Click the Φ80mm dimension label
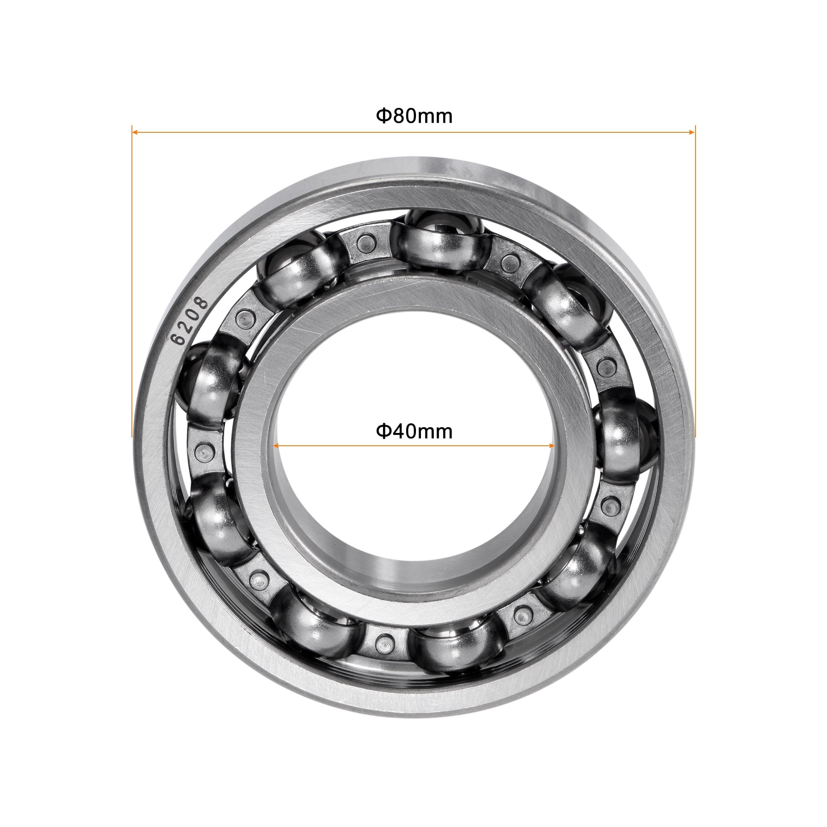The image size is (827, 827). click(x=414, y=117)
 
